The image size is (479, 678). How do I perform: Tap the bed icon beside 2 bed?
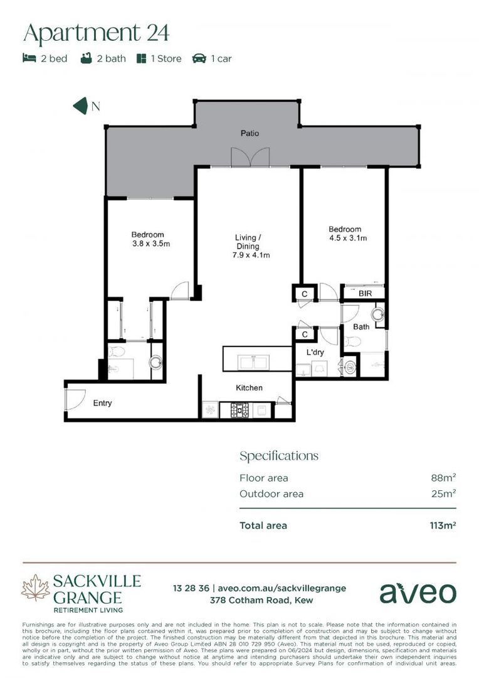pyautogui.click(x=29, y=58)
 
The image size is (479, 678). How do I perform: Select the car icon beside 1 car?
pyautogui.click(x=199, y=58)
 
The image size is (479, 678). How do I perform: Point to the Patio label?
pyautogui.click(x=250, y=133)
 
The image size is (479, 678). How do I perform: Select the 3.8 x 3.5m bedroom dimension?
pyautogui.click(x=151, y=244)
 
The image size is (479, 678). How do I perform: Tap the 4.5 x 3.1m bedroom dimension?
pyautogui.click(x=347, y=239)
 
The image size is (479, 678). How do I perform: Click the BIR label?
pyautogui.click(x=366, y=293)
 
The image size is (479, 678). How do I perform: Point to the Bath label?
pyautogui.click(x=361, y=326)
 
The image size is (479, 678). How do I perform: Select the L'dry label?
pyautogui.click(x=315, y=353)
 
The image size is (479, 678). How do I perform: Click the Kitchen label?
pyautogui.click(x=249, y=388)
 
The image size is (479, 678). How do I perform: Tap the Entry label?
pyautogui.click(x=103, y=403)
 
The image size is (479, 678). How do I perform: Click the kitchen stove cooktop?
pyautogui.click(x=239, y=410)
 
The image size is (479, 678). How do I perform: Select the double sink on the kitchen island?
pyautogui.click(x=255, y=362)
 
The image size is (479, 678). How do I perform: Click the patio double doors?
pyautogui.click(x=250, y=157)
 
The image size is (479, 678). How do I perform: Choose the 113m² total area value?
pyautogui.click(x=440, y=525)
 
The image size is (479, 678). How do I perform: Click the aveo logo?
pyautogui.click(x=418, y=593)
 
